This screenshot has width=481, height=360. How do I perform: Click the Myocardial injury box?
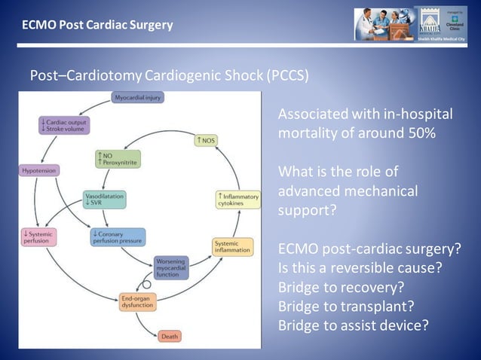138,97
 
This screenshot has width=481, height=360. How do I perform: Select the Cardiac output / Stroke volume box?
63,125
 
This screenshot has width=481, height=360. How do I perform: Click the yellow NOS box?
206,140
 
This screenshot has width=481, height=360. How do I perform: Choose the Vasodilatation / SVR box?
105,199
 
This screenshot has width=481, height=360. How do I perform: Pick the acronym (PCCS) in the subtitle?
286,76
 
